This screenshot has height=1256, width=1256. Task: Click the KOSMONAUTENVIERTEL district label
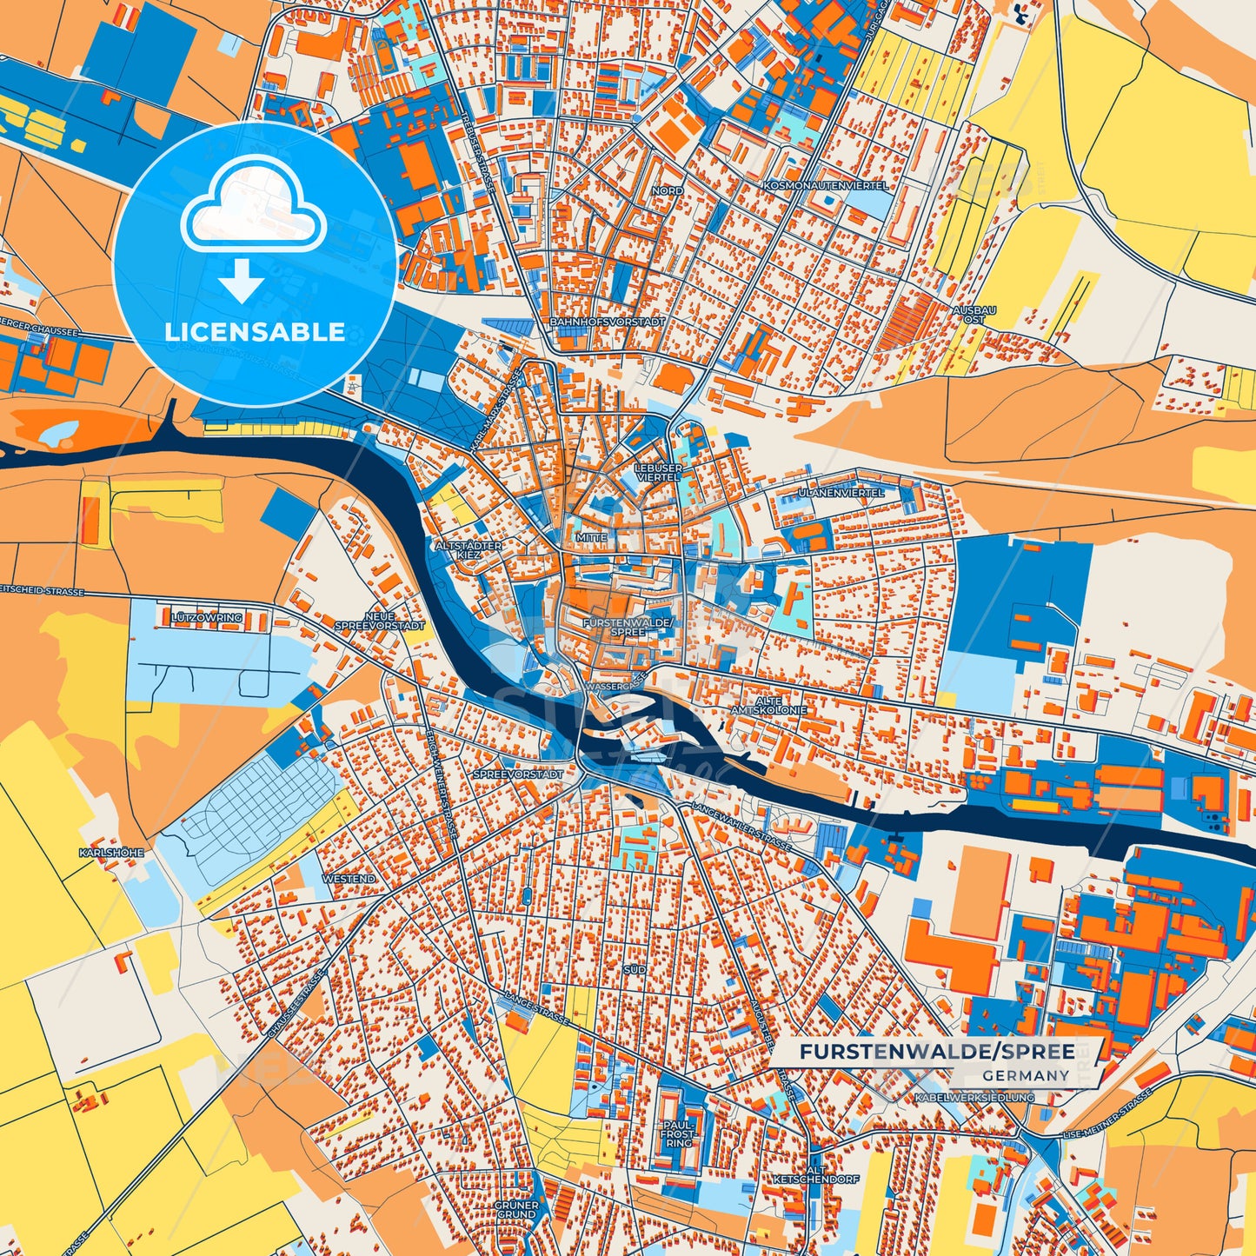click(x=826, y=186)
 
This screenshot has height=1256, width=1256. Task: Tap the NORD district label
click(x=667, y=190)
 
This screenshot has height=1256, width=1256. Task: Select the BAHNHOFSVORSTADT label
click(x=607, y=322)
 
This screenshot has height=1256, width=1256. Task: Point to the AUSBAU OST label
click(x=974, y=315)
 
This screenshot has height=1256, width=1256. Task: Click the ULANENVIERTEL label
click(x=841, y=493)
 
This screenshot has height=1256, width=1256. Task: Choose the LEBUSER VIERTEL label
click(x=659, y=472)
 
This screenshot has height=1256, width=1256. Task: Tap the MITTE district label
click(x=591, y=538)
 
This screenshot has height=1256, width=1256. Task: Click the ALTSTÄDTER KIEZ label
click(x=469, y=549)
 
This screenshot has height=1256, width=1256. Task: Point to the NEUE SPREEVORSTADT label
click(x=380, y=621)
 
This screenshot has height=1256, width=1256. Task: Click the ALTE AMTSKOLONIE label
click(x=768, y=705)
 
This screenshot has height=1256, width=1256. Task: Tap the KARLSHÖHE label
click(x=111, y=853)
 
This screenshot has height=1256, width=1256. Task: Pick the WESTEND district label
click(x=349, y=879)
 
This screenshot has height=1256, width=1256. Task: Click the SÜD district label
click(x=635, y=968)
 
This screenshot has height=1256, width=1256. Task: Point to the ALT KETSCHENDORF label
click(x=816, y=1175)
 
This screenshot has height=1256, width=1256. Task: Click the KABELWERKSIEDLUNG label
click(x=974, y=1098)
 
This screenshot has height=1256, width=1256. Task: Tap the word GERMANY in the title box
click(x=1026, y=1075)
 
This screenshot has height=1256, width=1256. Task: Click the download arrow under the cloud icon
click(x=242, y=280)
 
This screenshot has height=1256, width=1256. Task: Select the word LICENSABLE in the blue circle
click(x=255, y=332)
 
